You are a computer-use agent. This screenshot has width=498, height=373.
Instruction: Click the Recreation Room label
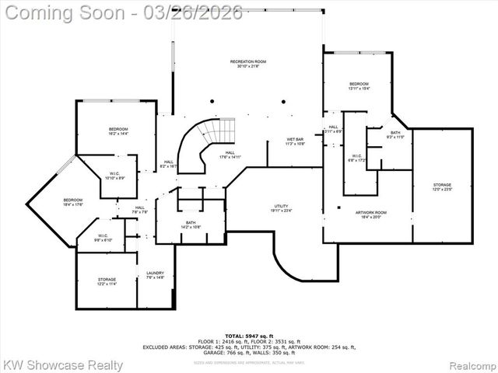point(248,63)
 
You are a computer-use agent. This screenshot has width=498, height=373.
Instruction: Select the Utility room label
point(281,208)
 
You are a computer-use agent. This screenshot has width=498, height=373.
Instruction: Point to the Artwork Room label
point(371,214)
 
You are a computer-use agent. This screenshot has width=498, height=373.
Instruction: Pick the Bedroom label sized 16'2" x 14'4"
point(118,131)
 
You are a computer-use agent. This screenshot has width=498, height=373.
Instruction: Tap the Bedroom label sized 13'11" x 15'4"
point(359,85)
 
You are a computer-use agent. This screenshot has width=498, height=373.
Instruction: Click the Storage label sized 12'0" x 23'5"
point(442,186)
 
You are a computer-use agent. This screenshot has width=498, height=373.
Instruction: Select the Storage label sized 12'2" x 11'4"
point(107,281)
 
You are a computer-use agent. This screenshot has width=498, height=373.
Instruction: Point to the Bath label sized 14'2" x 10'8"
point(191,225)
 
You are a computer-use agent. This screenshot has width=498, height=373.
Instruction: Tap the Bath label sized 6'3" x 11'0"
point(395,134)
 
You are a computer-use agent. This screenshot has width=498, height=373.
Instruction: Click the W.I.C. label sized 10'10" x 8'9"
point(114,176)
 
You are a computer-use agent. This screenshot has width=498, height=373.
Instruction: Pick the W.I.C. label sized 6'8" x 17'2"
point(356,158)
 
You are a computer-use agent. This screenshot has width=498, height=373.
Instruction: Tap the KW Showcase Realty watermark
point(62,364)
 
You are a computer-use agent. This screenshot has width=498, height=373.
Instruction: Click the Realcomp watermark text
point(470,364)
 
